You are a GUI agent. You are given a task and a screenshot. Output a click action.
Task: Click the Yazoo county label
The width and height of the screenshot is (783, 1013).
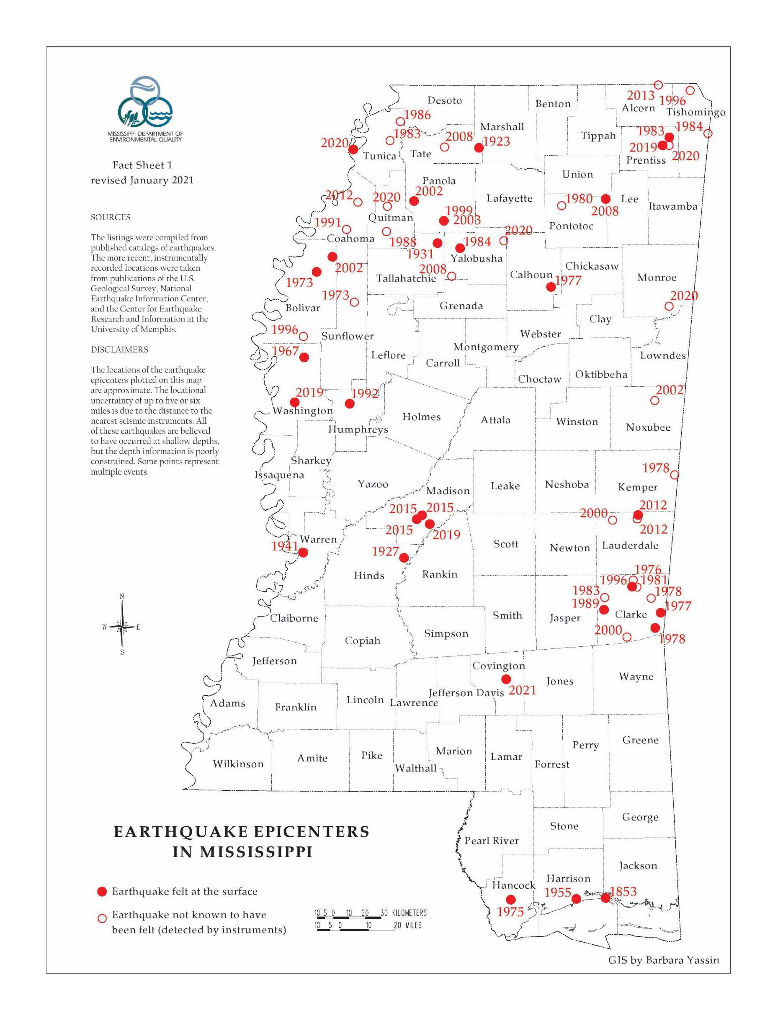tap(373, 484)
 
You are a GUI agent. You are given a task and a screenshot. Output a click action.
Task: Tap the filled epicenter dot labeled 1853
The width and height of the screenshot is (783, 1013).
tap(605, 898)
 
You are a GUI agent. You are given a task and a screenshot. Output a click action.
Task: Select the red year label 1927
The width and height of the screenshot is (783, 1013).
tap(385, 551)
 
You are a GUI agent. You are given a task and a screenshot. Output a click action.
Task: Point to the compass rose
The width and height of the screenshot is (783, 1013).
tap(122, 627)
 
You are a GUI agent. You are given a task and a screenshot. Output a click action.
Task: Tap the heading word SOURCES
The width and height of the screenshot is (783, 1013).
tap(111, 218)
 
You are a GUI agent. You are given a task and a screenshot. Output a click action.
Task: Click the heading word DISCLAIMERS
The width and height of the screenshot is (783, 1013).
tap(119, 350)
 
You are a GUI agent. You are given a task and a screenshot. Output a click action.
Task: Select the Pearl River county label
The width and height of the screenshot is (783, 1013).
tap(492, 841)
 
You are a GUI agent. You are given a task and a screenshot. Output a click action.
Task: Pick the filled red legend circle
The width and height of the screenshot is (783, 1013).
tap(102, 892)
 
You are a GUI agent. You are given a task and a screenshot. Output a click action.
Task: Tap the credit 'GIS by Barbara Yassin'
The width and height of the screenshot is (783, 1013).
tap(663, 960)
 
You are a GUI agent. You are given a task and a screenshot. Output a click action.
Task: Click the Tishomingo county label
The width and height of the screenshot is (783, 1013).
tap(695, 112)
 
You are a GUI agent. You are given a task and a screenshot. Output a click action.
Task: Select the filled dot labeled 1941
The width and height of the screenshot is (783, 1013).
tap(303, 553)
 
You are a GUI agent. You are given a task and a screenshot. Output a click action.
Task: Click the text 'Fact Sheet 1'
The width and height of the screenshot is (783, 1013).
tap(142, 165)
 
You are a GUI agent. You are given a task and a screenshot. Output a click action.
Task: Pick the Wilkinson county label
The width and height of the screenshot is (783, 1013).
tap(238, 764)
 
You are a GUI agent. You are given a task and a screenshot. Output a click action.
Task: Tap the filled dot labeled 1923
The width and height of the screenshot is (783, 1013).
tap(479, 148)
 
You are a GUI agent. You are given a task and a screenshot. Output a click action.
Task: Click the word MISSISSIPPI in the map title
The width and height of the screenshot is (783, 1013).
tap(242, 852)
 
